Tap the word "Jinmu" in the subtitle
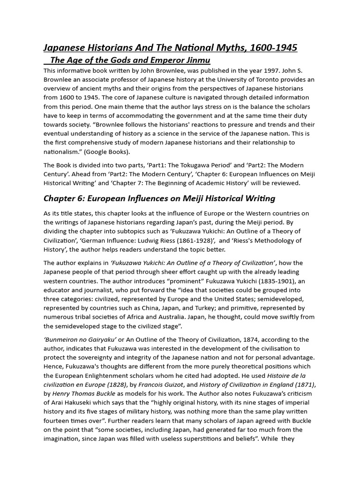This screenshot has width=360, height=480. pyautogui.click(x=197, y=60)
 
